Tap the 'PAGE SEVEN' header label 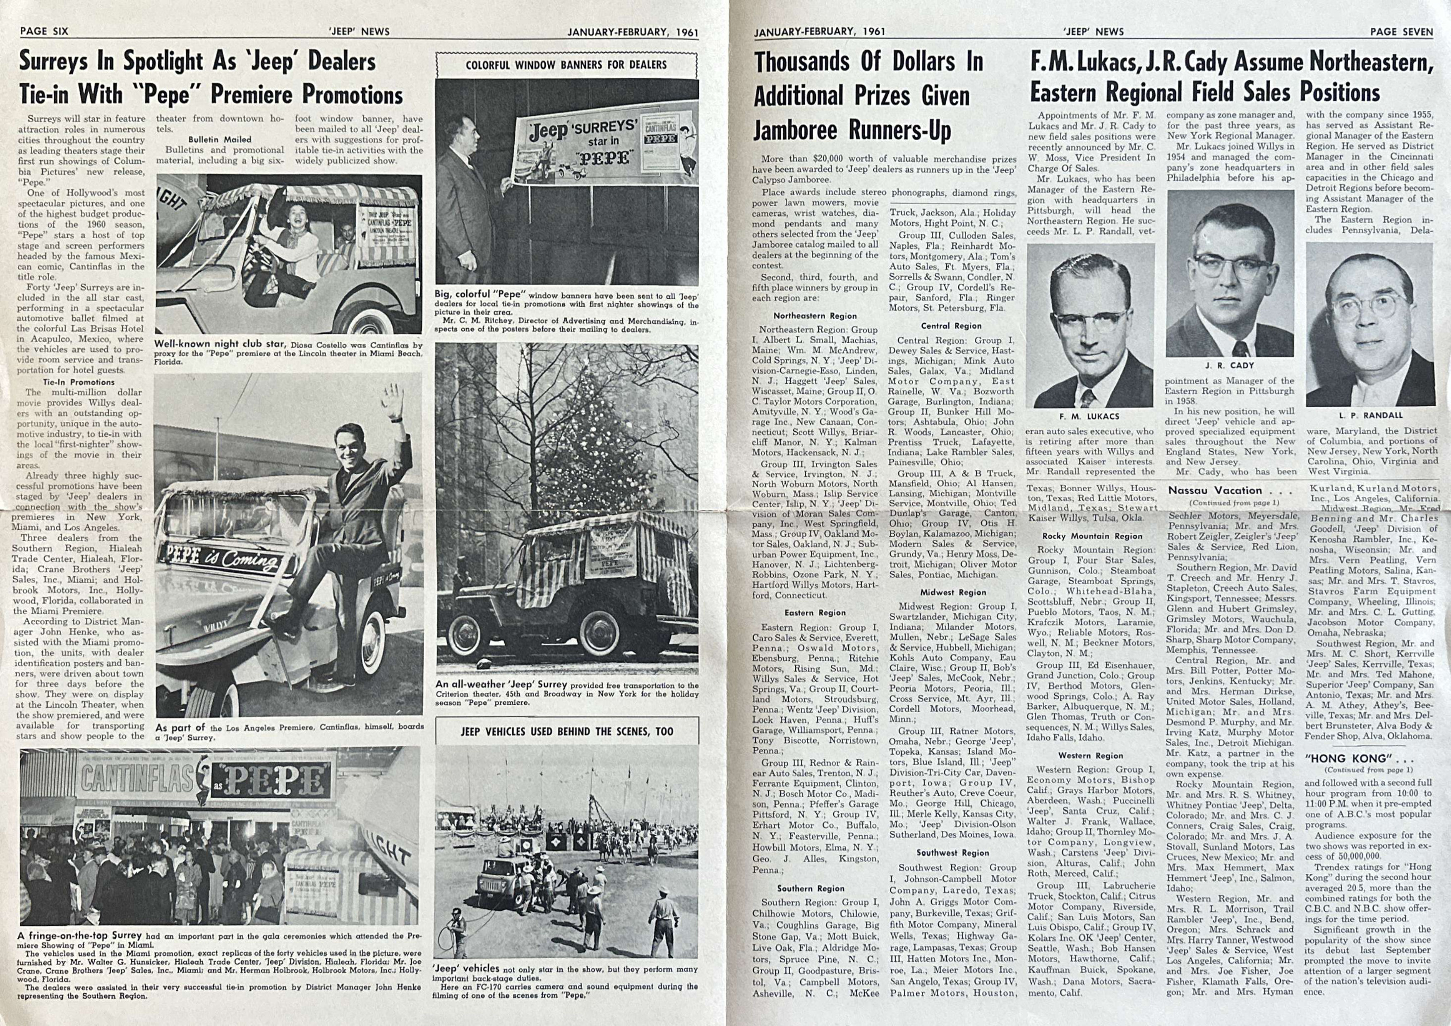point(1401,31)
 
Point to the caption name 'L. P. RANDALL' point(1369,416)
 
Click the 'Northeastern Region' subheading point(815,316)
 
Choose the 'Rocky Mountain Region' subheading point(1092,536)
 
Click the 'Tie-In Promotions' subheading point(79,382)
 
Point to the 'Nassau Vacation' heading point(1215,490)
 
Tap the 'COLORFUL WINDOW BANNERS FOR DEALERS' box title point(566,65)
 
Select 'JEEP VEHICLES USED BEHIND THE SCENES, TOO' point(567,732)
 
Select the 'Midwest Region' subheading point(952,593)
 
